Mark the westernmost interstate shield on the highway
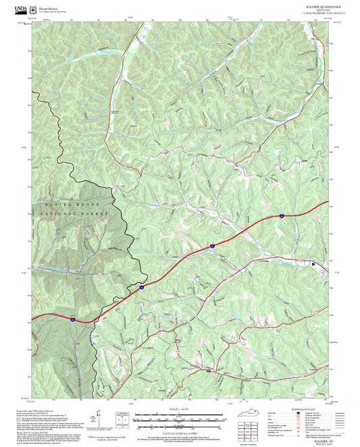pos(72,315)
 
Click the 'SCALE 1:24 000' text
pos(180,409)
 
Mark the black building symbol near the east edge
pos(313,265)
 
